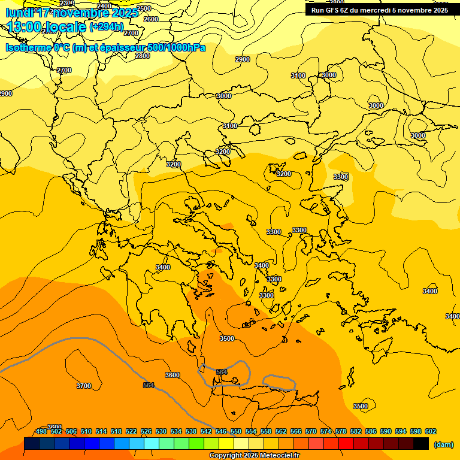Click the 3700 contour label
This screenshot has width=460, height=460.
84,386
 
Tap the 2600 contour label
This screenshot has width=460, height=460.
151,19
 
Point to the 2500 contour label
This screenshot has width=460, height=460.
144,8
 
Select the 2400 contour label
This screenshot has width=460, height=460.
104,6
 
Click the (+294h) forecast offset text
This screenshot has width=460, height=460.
107,26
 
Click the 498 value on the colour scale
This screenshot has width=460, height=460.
41,431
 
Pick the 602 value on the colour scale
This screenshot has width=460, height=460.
431,431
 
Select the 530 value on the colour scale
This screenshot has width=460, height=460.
161,431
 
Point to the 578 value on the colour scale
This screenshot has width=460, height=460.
341,431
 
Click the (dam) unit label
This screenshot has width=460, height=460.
443,444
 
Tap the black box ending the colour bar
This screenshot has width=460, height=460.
421,444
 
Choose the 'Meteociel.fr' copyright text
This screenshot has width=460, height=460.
278,456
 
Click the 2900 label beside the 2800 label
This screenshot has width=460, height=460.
243,59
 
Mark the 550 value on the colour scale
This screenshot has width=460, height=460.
236,431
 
